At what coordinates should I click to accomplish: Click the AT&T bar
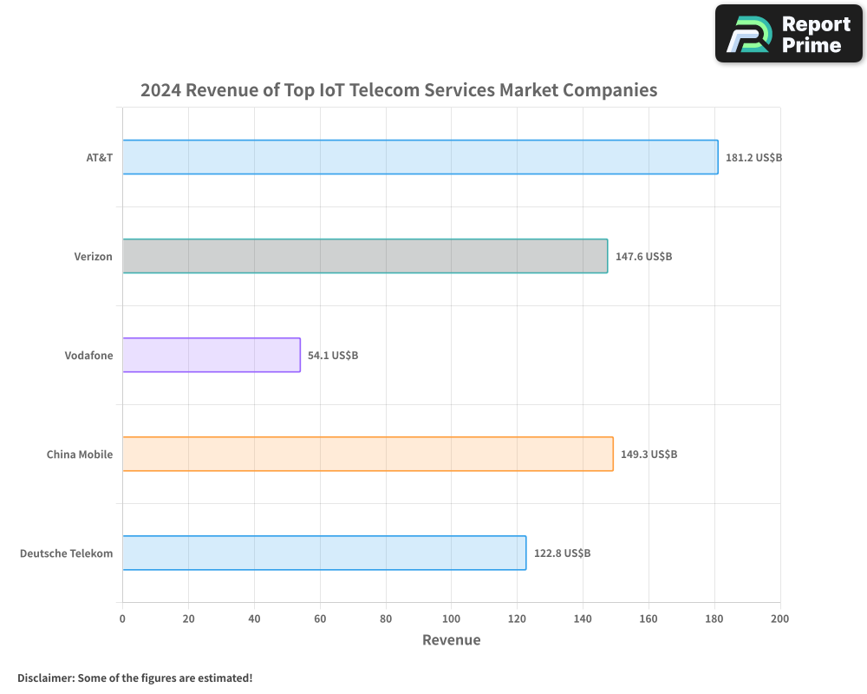(420, 157)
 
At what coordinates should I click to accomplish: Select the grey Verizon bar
(365, 256)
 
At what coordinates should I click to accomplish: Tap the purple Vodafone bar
(211, 355)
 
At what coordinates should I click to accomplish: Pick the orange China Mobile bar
(368, 454)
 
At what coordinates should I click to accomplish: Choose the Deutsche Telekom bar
(324, 553)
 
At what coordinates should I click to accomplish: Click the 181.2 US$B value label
(753, 158)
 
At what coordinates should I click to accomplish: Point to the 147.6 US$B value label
(643, 257)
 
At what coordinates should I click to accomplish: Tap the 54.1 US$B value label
(333, 356)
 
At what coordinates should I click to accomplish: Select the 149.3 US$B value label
(649, 455)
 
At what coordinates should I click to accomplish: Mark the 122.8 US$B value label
(562, 553)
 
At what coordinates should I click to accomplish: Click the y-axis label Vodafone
(88, 356)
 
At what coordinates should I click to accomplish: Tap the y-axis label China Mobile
(80, 455)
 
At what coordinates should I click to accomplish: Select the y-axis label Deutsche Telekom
(66, 553)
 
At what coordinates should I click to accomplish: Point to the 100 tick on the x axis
(451, 619)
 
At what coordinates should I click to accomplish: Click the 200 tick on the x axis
(779, 619)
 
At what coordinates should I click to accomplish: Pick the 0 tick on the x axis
(122, 619)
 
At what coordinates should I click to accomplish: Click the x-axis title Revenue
(451, 640)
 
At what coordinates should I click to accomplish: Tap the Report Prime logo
(789, 34)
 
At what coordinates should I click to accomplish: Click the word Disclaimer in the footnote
(44, 678)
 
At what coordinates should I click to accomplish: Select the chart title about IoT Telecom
(399, 90)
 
